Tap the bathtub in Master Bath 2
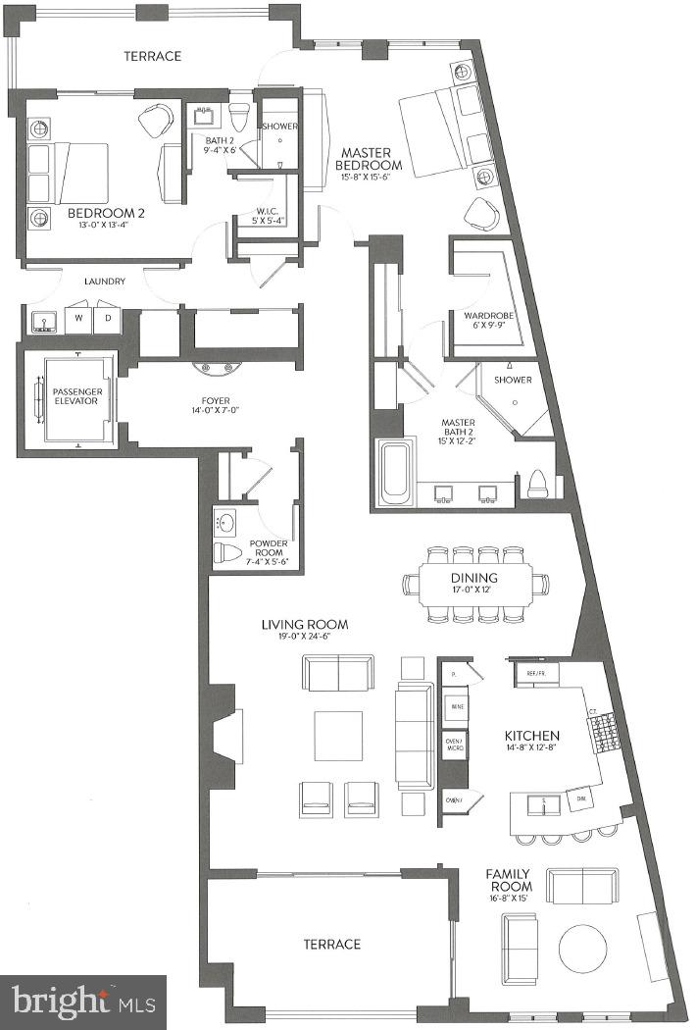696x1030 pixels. click(x=397, y=473)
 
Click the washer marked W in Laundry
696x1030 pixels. click(x=76, y=318)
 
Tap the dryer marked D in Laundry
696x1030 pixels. click(x=108, y=318)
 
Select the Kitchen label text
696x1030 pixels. click(x=531, y=736)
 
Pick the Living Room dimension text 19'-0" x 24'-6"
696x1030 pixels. click(x=305, y=639)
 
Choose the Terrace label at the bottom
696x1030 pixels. click(x=331, y=945)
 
